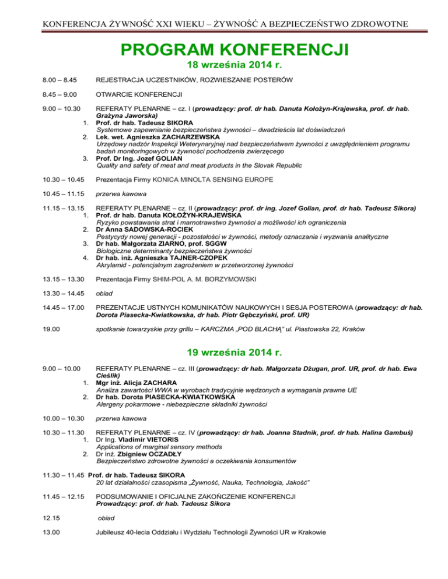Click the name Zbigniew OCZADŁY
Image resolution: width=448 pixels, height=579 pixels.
[x=151, y=454]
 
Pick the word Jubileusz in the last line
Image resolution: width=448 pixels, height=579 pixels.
[x=114, y=531]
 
